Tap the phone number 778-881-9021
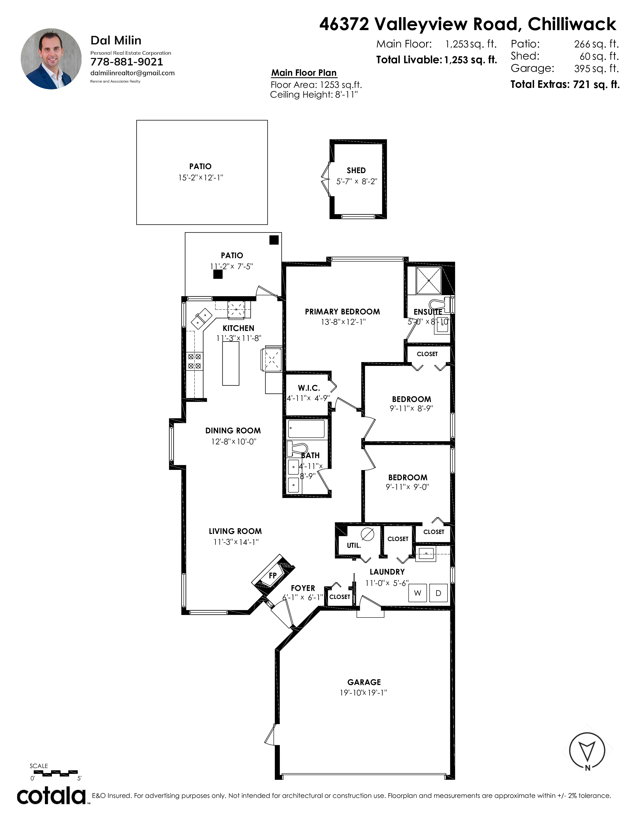click(127, 62)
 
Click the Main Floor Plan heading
click(304, 73)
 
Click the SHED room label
click(356, 171)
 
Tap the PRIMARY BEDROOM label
click(342, 312)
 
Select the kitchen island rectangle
click(230, 363)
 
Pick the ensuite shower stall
click(429, 280)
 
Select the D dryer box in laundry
click(438, 593)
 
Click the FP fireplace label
click(273, 576)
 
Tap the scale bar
click(53, 772)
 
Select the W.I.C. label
click(309, 388)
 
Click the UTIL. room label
click(354, 545)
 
